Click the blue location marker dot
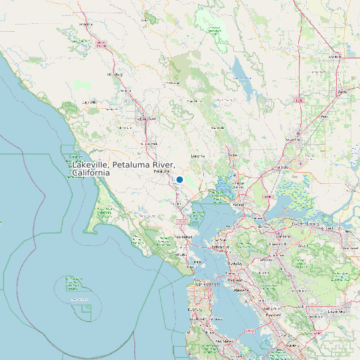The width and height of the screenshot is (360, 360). (x=179, y=179)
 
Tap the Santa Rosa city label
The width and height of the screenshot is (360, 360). (x=146, y=119)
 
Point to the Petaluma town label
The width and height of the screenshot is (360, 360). (x=162, y=171)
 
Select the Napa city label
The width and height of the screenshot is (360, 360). (x=232, y=155)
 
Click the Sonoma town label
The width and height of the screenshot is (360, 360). (x=197, y=155)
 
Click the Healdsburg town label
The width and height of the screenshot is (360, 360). (x=116, y=74)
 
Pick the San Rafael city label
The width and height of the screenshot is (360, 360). (x=183, y=237)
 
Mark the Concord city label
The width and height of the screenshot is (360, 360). (x=284, y=236)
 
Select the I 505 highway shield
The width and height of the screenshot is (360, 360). (x=299, y=101)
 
